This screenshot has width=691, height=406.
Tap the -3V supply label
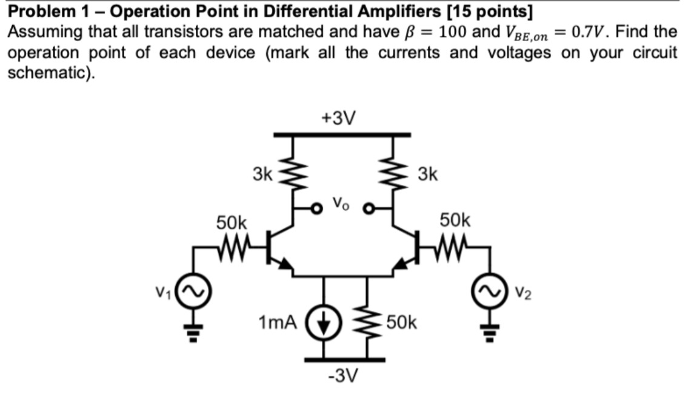pos(343,376)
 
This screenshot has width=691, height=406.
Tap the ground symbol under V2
pos(491,331)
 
